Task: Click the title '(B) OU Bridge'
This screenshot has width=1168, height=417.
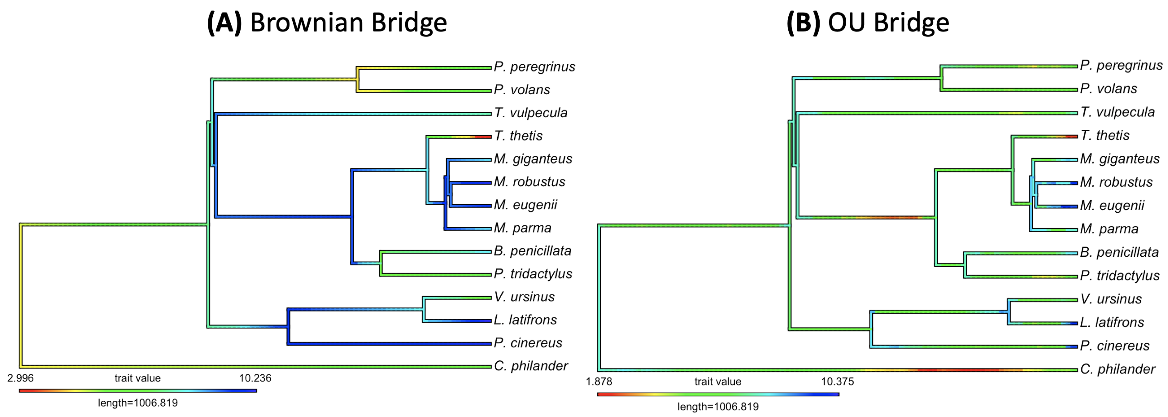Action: [x=867, y=23]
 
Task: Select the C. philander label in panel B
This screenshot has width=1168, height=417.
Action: [x=1117, y=369]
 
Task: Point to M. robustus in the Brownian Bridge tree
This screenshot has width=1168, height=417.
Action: [x=529, y=182]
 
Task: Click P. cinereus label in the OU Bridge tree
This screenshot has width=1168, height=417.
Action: [x=1114, y=346]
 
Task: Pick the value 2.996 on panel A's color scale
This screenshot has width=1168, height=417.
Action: [x=20, y=378]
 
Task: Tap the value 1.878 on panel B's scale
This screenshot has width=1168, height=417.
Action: [x=598, y=381]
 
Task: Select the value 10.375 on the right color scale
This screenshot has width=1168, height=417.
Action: [x=837, y=381]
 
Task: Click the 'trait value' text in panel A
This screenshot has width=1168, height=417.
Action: [x=137, y=378]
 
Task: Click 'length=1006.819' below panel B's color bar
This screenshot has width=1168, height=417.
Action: [x=718, y=407]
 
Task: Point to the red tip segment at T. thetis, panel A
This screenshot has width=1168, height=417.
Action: [x=483, y=136]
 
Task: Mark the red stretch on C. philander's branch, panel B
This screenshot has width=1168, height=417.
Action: [x=957, y=370]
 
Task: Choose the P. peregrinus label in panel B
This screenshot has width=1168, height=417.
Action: [x=1121, y=65]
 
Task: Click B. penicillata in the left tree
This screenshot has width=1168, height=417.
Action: [x=532, y=251]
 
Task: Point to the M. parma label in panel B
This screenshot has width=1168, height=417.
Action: [x=1109, y=229]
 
